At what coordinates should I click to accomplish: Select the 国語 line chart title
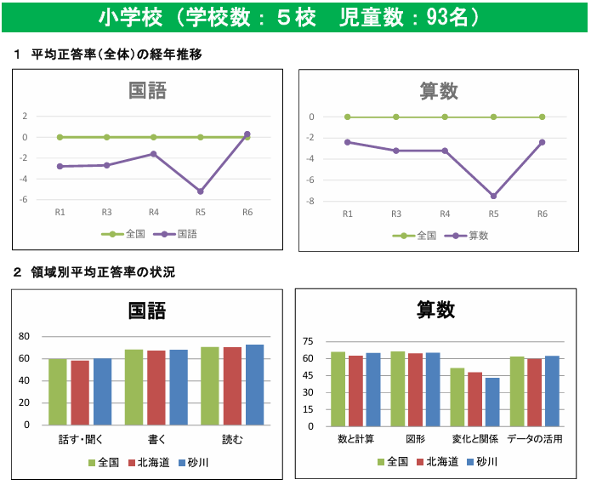(147, 90)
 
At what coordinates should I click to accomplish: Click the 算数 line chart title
(440, 90)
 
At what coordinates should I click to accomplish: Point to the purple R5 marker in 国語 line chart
(201, 191)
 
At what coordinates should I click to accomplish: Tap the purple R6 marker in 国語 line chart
(247, 134)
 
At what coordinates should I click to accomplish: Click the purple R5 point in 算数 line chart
(493, 197)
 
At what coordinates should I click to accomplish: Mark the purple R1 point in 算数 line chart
(347, 142)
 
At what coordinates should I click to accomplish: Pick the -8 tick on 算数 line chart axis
(312, 202)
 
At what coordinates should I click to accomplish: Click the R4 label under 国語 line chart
(154, 213)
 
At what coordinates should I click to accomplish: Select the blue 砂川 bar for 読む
(254, 385)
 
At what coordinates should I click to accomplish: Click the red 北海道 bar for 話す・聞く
(80, 392)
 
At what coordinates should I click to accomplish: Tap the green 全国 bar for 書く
(134, 387)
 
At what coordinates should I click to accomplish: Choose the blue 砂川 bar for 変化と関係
(492, 402)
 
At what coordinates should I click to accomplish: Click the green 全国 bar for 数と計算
(338, 389)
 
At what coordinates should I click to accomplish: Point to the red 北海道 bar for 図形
(415, 390)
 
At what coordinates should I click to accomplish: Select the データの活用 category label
(535, 439)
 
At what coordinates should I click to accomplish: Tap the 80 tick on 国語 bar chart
(25, 336)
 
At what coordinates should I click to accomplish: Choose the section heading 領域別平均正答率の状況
(103, 272)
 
